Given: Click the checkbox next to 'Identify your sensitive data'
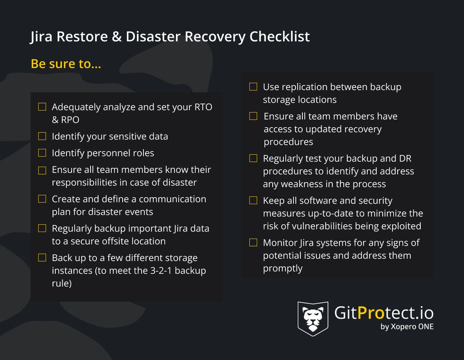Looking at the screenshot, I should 42,136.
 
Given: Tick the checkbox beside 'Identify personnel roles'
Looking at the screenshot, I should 42,153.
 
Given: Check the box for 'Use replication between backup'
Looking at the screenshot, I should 253,87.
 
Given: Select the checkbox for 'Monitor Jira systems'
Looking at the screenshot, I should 253,242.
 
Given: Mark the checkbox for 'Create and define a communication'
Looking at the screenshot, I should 42,199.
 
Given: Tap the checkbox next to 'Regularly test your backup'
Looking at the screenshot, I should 253,158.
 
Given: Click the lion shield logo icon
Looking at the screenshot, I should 313,319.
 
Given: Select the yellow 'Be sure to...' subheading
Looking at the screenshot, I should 65,64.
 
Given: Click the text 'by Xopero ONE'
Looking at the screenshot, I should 407,327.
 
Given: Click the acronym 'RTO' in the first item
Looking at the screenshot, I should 201,107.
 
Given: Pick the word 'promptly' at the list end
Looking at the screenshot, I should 282,268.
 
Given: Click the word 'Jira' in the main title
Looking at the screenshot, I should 41,37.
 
